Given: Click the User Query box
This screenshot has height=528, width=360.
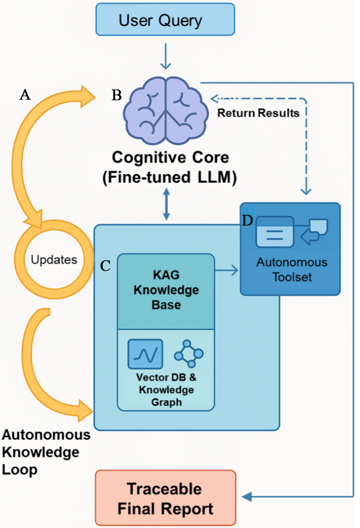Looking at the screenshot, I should pos(160,21).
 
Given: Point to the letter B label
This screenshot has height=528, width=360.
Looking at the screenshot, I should pos(116,94).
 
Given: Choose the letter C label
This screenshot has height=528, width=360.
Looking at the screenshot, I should pos(105,266).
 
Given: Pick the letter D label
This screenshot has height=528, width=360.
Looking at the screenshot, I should pos(248,221).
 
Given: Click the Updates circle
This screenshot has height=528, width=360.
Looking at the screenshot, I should pos(54,260).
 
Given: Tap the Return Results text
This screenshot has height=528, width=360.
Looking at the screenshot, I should pos(258,113).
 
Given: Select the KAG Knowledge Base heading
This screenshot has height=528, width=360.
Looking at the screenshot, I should pos(166,291).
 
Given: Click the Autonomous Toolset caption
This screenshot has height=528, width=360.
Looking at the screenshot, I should pos(291,269).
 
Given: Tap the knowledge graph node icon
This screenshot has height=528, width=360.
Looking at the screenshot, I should pos(188,354).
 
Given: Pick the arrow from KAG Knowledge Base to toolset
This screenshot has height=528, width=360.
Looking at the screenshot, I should pos(227,271).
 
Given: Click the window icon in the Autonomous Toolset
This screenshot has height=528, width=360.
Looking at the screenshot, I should pos(275,231).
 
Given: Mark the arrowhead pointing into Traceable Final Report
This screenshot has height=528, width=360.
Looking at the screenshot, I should pos(247,497).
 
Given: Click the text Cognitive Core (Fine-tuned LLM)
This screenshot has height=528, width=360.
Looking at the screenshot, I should pos(170,168).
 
